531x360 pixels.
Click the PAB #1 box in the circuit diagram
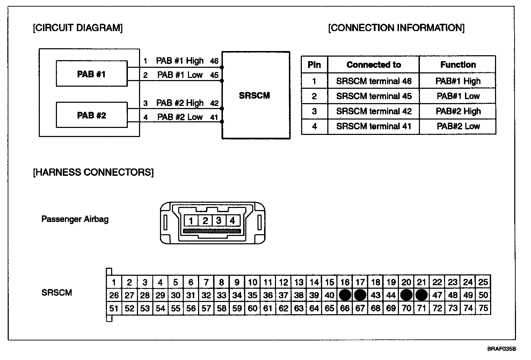[x=92, y=74]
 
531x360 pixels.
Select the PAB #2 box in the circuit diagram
[x=92, y=115]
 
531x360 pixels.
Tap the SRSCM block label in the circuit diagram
[x=254, y=95]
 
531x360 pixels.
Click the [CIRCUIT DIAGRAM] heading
[x=78, y=28]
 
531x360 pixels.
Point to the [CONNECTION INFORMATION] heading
[x=396, y=28]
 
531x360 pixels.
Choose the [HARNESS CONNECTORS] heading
[x=93, y=172]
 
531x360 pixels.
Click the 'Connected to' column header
[x=373, y=65]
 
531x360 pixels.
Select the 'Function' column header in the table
[x=458, y=65]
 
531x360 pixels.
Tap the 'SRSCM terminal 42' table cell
[x=373, y=111]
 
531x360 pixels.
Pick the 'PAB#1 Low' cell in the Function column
[x=458, y=96]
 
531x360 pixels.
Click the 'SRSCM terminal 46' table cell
[x=373, y=81]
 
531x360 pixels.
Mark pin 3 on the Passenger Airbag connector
[x=219, y=221]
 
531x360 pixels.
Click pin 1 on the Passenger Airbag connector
[x=191, y=221]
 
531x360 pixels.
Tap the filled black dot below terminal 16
[x=345, y=295]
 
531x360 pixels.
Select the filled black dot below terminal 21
[x=422, y=295]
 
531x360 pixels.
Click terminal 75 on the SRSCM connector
[x=483, y=308]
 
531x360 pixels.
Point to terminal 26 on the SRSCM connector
[x=114, y=295]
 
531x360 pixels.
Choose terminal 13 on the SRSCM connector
[x=299, y=282]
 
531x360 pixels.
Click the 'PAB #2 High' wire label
[x=180, y=103]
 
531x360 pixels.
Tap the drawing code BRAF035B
[x=502, y=349]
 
